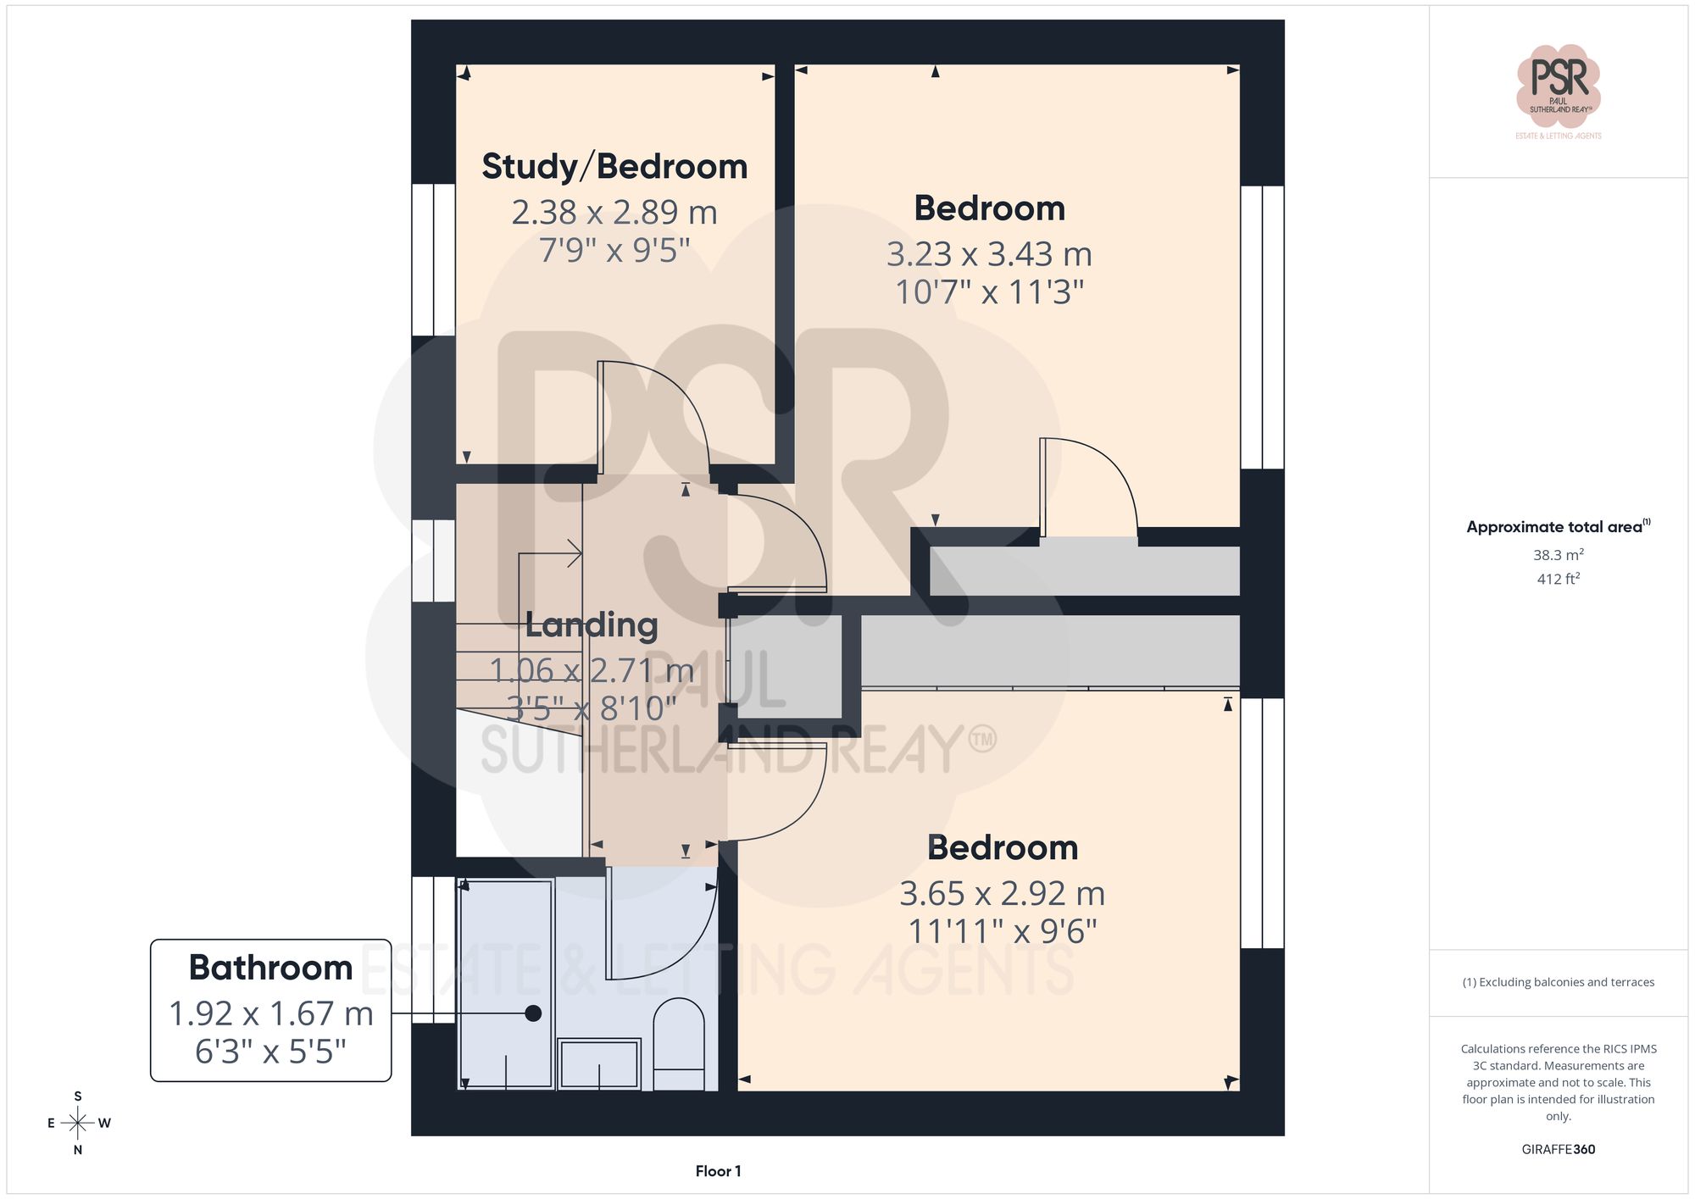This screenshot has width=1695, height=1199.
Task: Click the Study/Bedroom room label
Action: coord(614,166)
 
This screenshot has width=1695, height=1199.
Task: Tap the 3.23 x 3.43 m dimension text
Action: coord(989,254)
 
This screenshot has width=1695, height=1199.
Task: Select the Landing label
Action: coord(592,624)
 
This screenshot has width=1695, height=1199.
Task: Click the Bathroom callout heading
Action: coord(270,968)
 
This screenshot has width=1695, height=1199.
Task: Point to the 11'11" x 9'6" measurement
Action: coord(1002,931)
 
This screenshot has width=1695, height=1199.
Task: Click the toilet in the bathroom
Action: coord(679,1044)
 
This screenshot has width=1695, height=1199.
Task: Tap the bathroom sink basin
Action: coord(599,1064)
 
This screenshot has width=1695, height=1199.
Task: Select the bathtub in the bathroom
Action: coord(506,983)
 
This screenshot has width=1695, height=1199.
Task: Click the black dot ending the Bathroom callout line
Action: coord(533,1013)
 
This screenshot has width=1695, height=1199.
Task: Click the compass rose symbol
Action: coord(78,1124)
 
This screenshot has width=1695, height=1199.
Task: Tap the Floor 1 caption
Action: coord(718,1171)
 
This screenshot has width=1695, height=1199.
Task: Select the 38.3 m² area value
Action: coord(1558,555)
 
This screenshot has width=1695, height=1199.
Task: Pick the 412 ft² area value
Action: coord(1558,579)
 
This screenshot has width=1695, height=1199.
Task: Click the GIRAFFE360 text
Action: coord(1558,1149)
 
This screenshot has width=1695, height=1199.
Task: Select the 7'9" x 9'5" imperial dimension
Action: coord(614,250)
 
